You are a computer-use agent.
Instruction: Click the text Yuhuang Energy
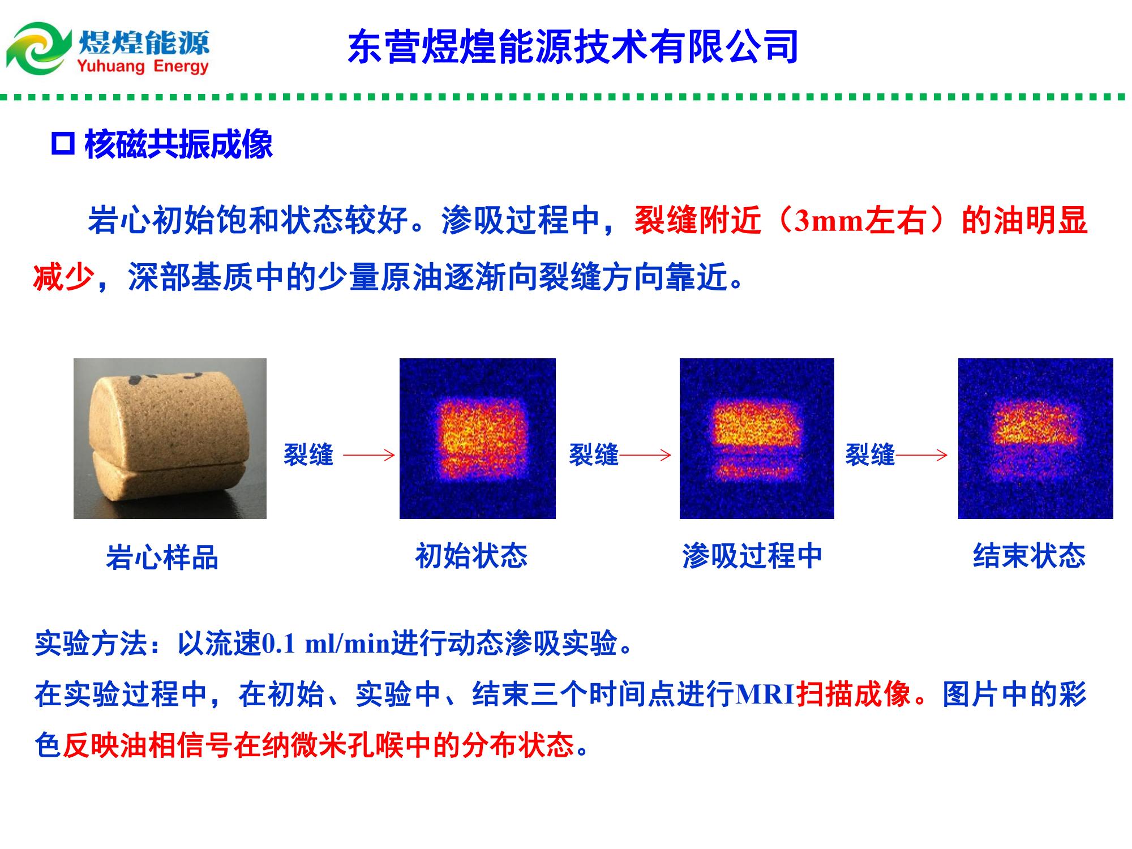coord(143,67)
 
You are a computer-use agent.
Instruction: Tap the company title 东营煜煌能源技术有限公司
coord(573,46)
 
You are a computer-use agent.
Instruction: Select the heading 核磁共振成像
coord(179,145)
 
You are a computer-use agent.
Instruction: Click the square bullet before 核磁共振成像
coord(63,144)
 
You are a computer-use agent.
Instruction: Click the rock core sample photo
coord(170,439)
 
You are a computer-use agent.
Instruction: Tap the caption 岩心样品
coord(162,557)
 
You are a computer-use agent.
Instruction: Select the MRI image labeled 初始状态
coord(478,439)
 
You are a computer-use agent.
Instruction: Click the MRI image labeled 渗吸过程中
coord(757,439)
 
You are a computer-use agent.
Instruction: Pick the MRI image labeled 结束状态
coord(1036,439)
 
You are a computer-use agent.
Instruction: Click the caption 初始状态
coord(471,556)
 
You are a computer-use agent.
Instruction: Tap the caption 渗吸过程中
coord(752,556)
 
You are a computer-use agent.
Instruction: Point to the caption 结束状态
coord(1030,556)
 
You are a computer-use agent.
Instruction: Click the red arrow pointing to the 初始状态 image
coord(369,454)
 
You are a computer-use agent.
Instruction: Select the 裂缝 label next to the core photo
coord(308,454)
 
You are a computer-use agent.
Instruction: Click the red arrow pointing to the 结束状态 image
coord(921,454)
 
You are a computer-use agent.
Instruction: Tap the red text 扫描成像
coord(854,694)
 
